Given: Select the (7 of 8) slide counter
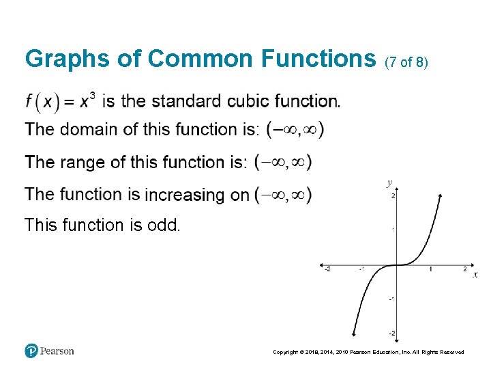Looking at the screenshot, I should coord(406,62).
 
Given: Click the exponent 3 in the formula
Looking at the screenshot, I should coord(92,95).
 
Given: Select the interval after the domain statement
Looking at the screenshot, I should coord(295,129).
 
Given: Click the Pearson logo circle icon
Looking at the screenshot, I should coord(31,351).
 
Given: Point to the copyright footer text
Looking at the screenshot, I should coord(368,352).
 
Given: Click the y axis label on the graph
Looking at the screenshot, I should coord(389,182).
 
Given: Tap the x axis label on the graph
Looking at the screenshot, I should coord(475,274).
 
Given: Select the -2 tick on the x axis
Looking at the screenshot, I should coord(327,269).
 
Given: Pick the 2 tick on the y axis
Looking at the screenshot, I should coord(393,196).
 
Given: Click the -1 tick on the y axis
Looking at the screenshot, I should coord(391,299).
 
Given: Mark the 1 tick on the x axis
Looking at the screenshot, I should coord(430,269).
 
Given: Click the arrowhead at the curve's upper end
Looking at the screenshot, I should coord(441,196).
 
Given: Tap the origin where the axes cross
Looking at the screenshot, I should coord(396,264).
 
